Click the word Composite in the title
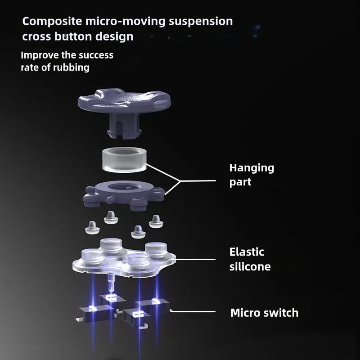(52, 22)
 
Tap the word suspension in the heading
(201, 22)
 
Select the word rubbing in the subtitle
(71, 67)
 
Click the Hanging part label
(252, 175)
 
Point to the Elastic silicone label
(250, 259)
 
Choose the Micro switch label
(265, 313)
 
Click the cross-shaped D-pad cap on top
(124, 101)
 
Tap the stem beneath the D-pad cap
(124, 126)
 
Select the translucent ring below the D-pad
(124, 160)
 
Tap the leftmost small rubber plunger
(92, 228)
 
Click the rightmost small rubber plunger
(156, 221)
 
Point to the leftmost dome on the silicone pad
(93, 256)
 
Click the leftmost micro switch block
(96, 314)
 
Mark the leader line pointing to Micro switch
(193, 311)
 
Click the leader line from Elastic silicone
(195, 260)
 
